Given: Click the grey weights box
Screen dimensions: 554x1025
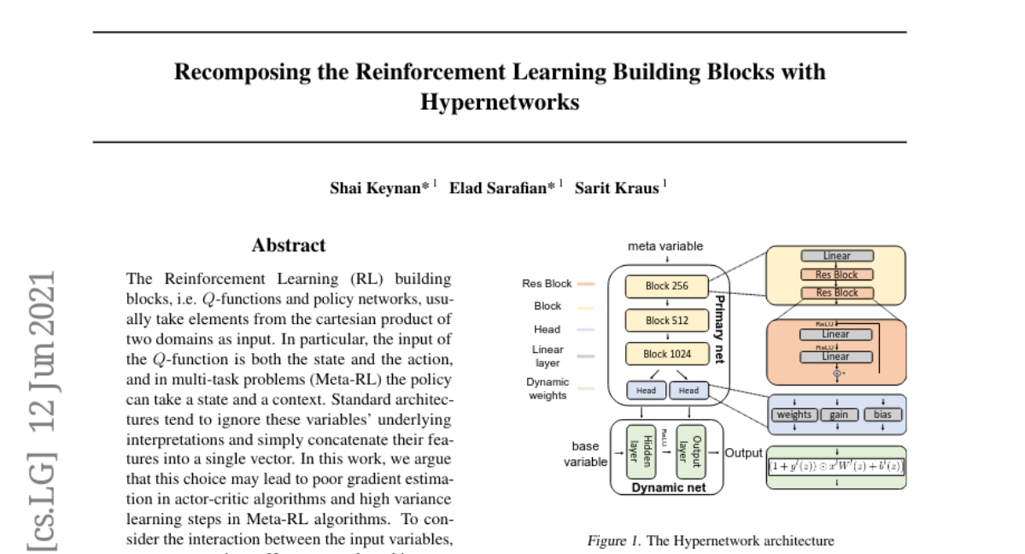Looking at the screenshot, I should click(794, 415).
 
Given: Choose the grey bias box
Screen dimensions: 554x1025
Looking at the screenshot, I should click(882, 415).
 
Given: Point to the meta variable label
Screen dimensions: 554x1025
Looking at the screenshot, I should click(665, 246).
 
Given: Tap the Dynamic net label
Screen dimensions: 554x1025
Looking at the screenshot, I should click(668, 488).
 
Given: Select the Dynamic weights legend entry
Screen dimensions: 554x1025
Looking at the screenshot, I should click(548, 388).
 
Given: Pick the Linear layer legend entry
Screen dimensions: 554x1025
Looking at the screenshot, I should click(548, 356).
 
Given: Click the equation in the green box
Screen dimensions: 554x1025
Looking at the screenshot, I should click(836, 466).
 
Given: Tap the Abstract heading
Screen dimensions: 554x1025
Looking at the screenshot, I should click(289, 245).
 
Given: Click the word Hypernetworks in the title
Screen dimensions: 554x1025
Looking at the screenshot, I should click(500, 103).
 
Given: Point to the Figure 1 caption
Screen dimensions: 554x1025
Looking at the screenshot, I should click(710, 540).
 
